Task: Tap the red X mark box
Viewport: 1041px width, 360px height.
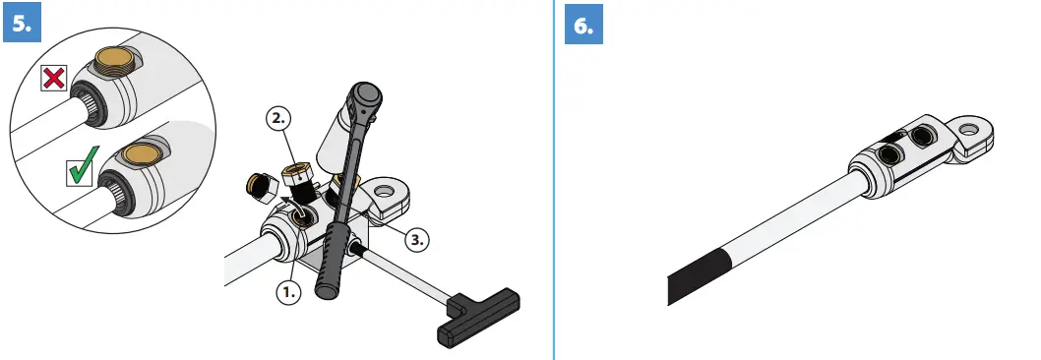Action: [x=54, y=78]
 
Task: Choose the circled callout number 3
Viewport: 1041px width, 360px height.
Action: [x=416, y=238]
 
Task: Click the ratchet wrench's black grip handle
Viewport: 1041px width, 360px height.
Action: [x=330, y=258]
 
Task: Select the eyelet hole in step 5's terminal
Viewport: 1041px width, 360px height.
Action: [x=383, y=190]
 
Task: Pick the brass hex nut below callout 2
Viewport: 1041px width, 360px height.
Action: [x=296, y=178]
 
